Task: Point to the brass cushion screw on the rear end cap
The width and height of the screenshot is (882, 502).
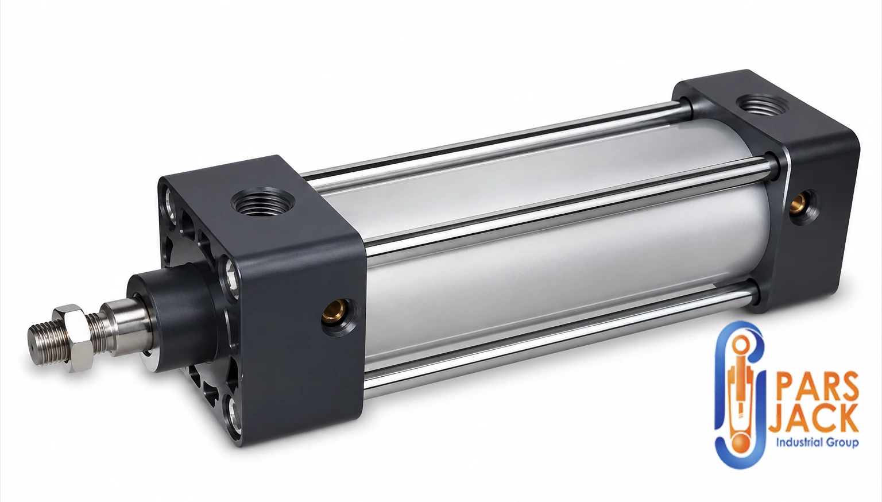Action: coord(798,203)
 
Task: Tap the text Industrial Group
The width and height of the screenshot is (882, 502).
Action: coord(817,443)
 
